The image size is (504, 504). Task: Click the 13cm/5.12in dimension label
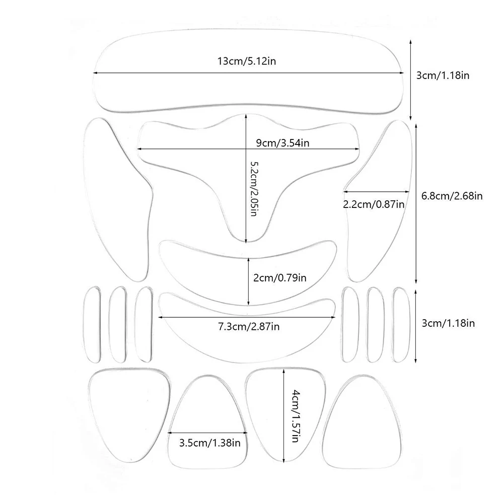point(247,61)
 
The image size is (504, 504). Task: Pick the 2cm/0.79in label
point(278,277)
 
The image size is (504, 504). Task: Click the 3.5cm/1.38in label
point(210,443)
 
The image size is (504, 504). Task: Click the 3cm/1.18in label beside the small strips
point(449,323)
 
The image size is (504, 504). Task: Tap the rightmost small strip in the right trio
point(400,324)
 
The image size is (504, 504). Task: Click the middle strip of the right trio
point(375,324)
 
